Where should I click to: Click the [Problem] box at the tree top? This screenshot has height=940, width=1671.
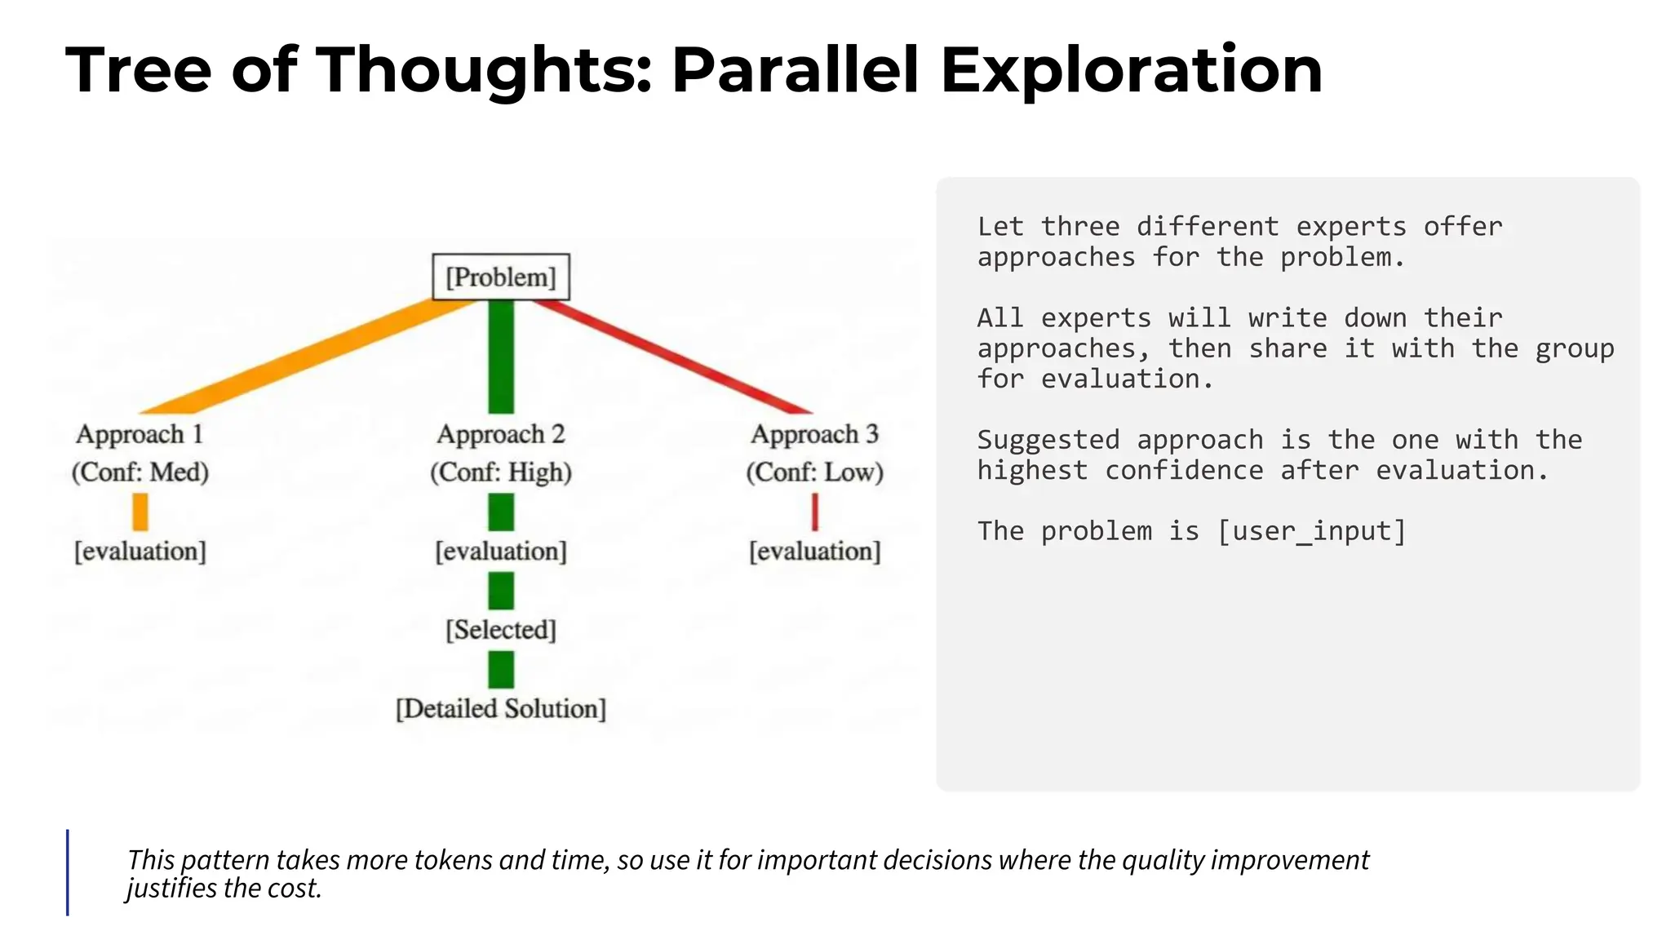pyautogui.click(x=500, y=277)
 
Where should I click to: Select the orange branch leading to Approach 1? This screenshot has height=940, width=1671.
pyautogui.click(x=310, y=355)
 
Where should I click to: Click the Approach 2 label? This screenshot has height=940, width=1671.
pyautogui.click(x=500, y=434)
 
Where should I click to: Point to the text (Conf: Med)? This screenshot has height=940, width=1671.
pyautogui.click(x=140, y=472)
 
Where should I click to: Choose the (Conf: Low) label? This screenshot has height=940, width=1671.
pyautogui.click(x=814, y=472)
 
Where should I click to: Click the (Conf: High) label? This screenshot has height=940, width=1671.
pyautogui.click(x=500, y=472)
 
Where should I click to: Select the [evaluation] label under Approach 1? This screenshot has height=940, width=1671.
pyautogui.click(x=140, y=551)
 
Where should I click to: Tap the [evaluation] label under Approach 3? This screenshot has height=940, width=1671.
pyautogui.click(x=814, y=551)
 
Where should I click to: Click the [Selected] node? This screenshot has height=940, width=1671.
pyautogui.click(x=500, y=629)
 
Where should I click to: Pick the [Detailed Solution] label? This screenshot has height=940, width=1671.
pyautogui.click(x=500, y=708)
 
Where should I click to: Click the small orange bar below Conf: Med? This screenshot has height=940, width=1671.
pyautogui.click(x=140, y=512)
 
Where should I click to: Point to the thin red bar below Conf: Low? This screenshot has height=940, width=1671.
pyautogui.click(x=814, y=512)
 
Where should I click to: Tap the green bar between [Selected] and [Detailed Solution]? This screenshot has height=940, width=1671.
pyautogui.click(x=501, y=669)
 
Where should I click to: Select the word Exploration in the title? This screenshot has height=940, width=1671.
pyautogui.click(x=1131, y=70)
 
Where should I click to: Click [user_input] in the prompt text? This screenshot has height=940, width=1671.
pyautogui.click(x=1311, y=531)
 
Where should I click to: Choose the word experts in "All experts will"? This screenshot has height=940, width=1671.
pyautogui.click(x=1096, y=318)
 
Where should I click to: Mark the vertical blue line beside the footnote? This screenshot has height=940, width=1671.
pyautogui.click(x=68, y=872)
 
